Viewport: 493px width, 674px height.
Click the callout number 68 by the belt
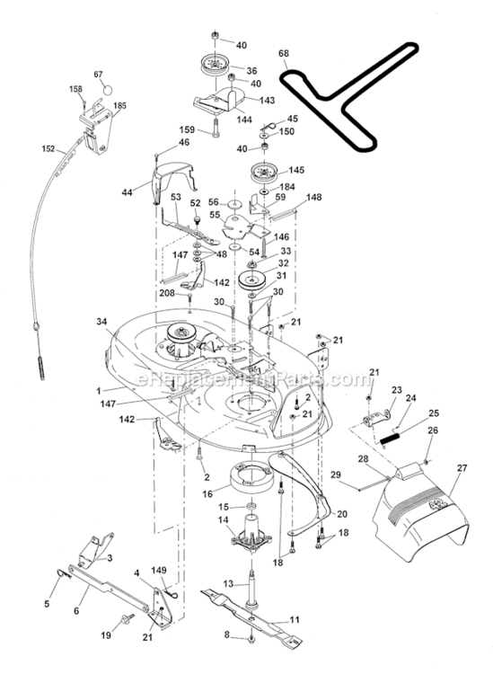[x=284, y=55]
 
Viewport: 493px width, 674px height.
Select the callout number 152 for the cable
[x=49, y=149]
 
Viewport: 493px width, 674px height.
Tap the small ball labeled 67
[x=106, y=90]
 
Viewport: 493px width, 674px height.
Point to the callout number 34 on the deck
[x=102, y=321]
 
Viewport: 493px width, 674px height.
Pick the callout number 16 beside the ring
[x=207, y=493]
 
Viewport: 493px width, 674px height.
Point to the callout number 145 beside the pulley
[x=296, y=170]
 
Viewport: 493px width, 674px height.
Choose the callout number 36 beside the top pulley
[x=251, y=70]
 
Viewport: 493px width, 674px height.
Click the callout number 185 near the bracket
[x=119, y=105]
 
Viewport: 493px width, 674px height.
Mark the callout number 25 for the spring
[x=434, y=413]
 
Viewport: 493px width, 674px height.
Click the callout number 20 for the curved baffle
[x=341, y=514]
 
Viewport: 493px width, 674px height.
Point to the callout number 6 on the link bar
[x=75, y=609]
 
